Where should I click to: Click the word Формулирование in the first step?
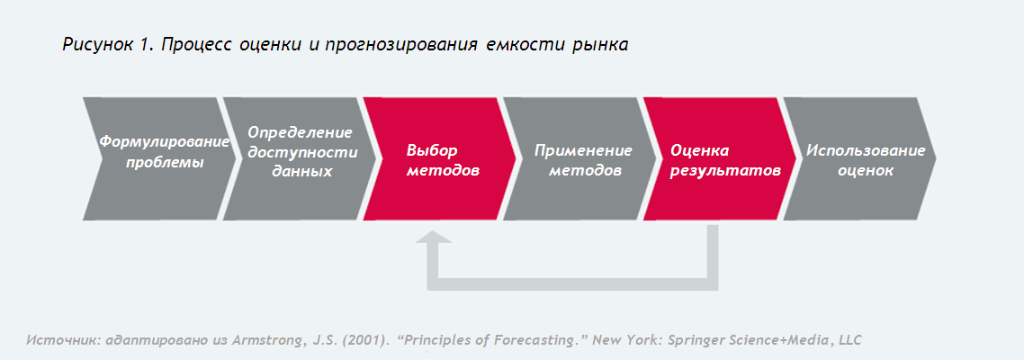click(165, 142)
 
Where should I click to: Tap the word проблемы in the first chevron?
click(165, 163)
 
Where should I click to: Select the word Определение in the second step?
click(301, 132)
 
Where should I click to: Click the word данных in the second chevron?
click(302, 172)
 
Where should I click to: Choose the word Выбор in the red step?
click(432, 150)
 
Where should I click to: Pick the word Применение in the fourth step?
click(583, 150)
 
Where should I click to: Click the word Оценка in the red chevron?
click(699, 150)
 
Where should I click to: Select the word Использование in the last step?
click(866, 150)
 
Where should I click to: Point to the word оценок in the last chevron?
click(866, 171)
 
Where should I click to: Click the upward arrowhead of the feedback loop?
click(434, 238)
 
